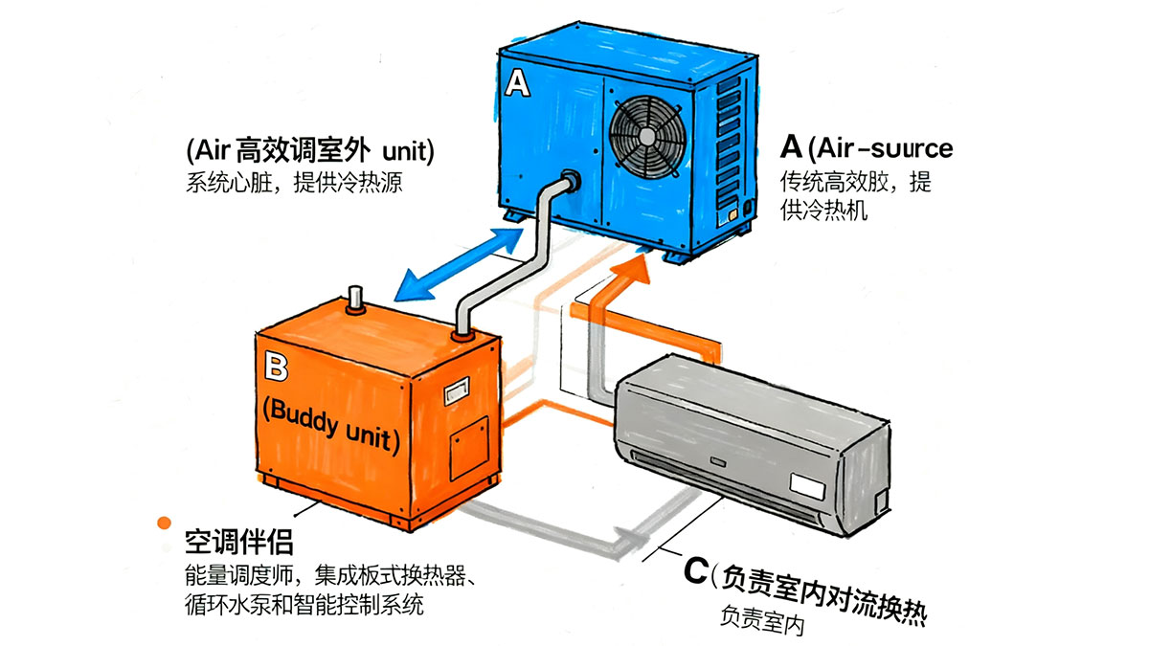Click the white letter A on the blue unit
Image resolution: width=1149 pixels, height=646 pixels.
coord(517,85)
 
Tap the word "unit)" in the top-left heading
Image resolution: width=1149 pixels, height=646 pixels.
coord(408,150)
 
